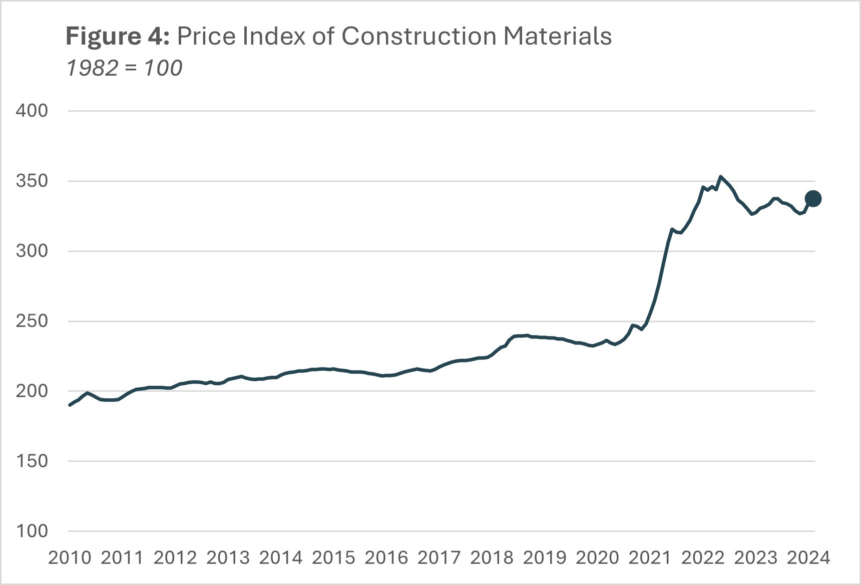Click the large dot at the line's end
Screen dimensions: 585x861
coord(813,199)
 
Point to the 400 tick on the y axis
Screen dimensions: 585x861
coord(32,111)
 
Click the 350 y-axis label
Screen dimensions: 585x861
coord(32,181)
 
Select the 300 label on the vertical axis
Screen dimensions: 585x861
coord(32,251)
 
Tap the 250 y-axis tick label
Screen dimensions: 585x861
coord(32,321)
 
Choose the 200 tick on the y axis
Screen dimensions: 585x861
coord(32,391)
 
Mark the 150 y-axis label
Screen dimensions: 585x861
coord(32,461)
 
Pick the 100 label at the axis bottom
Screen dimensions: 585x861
coord(32,531)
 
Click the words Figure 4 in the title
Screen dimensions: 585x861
coord(118,37)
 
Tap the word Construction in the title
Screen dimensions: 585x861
coord(419,37)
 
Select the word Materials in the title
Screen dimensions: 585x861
coord(558,37)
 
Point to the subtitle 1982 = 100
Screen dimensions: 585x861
coord(124,68)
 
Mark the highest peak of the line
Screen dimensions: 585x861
coord(720,176)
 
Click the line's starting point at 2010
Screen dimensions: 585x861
coord(70,405)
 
